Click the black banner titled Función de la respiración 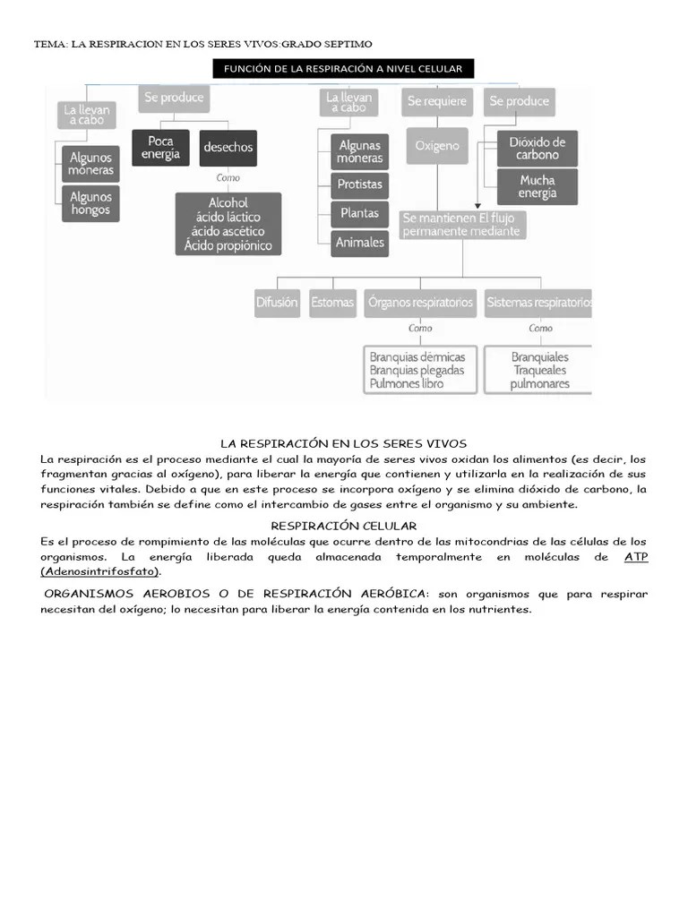343,69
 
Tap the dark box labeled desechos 228,148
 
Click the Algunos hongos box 91,203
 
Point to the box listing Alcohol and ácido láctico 228,224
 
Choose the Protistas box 359,184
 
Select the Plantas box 359,213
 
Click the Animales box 359,242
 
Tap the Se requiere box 437,101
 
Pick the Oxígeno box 437,145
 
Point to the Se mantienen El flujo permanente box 462,224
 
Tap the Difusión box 277,303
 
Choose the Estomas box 332,303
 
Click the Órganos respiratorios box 420,303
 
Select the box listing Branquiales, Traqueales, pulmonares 539,370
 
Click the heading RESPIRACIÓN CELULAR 343,526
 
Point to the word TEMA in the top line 49,44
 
